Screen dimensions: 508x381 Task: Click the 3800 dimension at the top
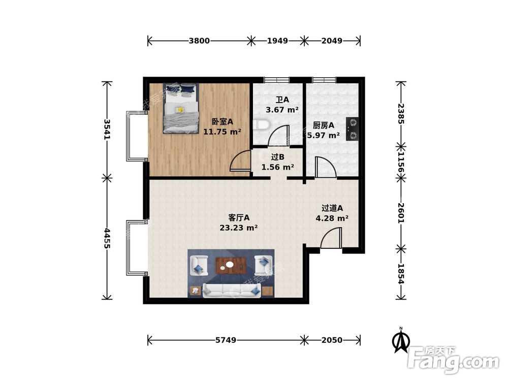(199, 41)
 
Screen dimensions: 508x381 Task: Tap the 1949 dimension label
(278, 41)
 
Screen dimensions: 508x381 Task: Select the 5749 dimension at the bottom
(226, 340)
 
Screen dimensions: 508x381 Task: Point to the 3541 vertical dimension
(107, 130)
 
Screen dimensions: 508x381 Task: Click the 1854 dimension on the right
(401, 274)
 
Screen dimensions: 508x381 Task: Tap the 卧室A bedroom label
(223, 122)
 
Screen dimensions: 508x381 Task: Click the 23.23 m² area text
(239, 228)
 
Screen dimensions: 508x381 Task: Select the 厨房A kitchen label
(324, 125)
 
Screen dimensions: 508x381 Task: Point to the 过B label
(278, 157)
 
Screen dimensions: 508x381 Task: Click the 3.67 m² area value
(282, 110)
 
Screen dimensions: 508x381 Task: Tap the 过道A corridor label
(332, 208)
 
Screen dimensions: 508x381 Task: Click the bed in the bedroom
(181, 109)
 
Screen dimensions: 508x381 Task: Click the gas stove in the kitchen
(352, 129)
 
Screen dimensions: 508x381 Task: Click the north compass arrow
(401, 340)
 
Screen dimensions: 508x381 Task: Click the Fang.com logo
(454, 359)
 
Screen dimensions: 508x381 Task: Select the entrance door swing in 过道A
(331, 238)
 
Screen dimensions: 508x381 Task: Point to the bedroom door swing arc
(240, 161)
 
